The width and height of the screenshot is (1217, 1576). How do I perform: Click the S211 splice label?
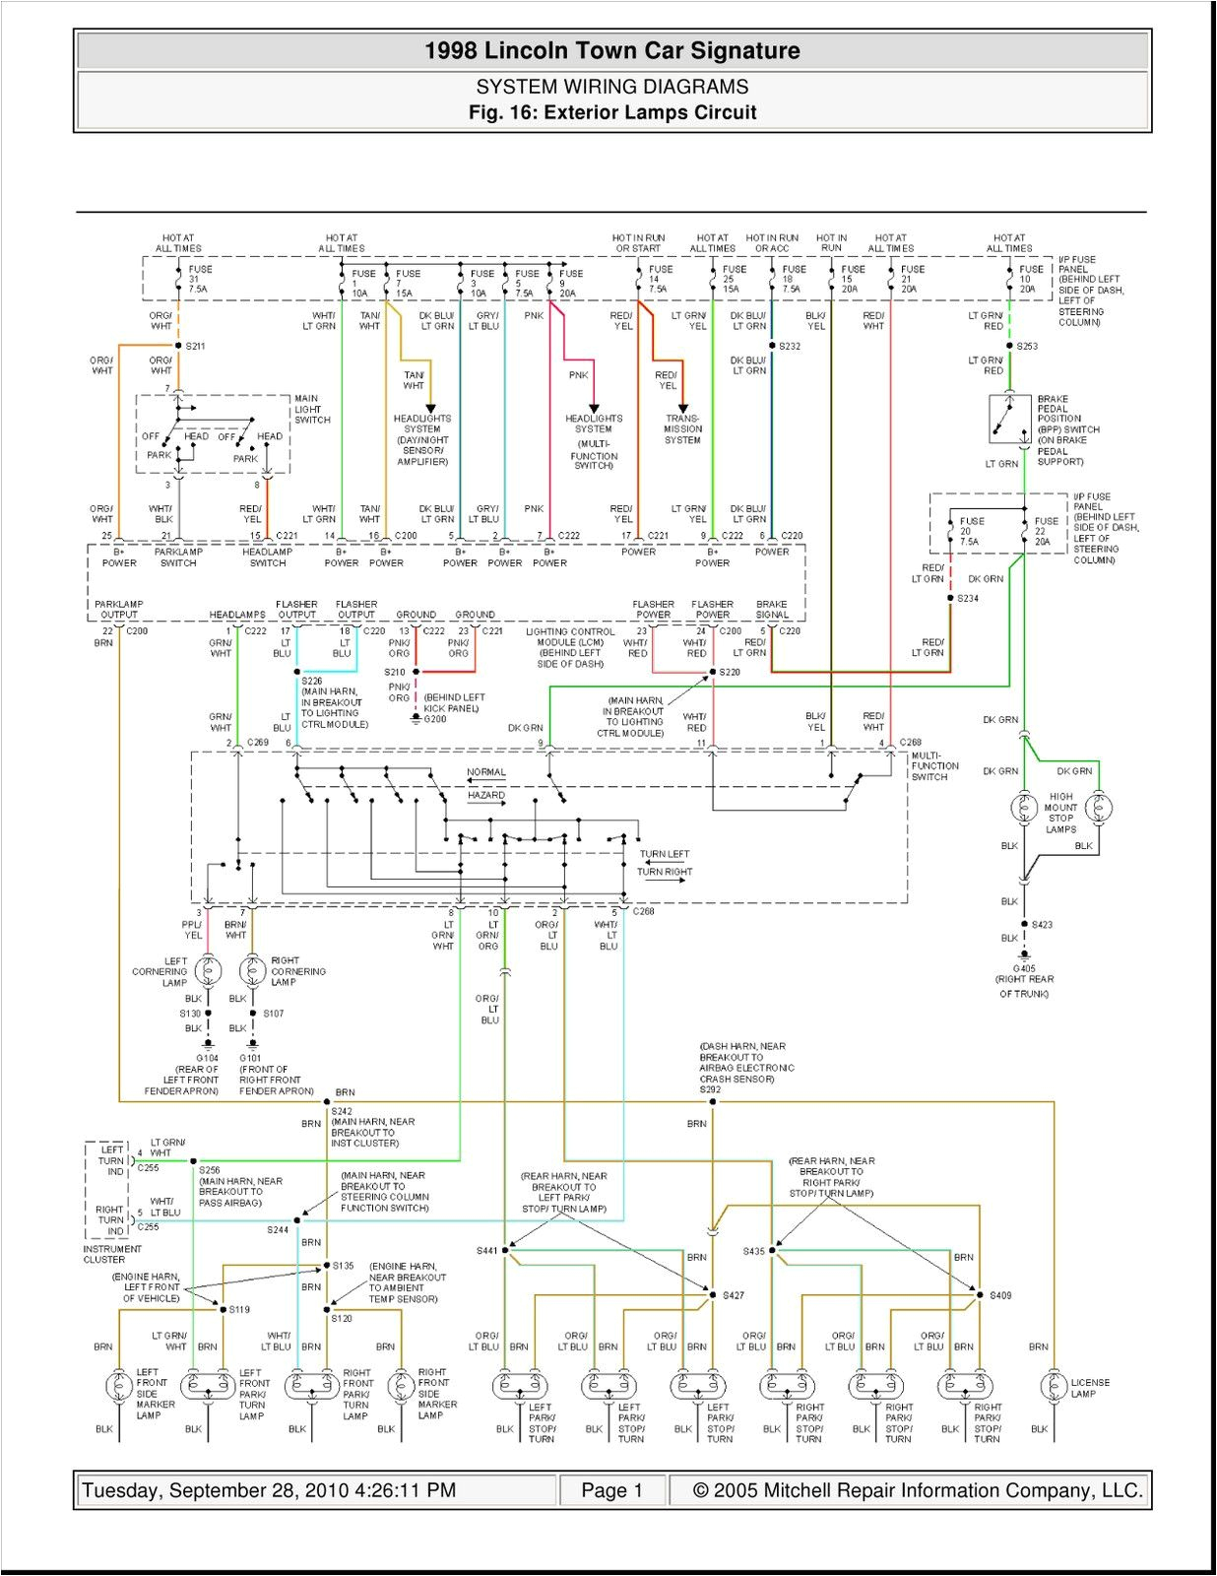point(195,346)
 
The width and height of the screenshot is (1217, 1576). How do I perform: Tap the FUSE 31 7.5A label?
point(199,279)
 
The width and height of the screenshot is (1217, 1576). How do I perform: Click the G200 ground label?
point(434,719)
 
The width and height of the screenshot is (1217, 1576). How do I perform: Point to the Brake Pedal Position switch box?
point(1009,420)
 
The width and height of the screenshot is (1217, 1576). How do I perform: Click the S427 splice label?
point(733,1295)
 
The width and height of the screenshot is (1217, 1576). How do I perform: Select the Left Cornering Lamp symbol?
point(209,971)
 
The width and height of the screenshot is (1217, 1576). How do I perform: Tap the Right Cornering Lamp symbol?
point(253,971)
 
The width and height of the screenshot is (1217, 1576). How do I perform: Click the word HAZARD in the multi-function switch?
point(486,795)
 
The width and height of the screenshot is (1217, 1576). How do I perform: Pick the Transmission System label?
point(682,429)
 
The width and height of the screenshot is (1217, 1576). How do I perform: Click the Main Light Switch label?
point(312,410)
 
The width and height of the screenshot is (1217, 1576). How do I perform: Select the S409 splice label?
point(1000,1295)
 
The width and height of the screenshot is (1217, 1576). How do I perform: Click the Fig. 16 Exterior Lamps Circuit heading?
point(612,112)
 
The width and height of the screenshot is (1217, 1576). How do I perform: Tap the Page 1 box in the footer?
point(611,1490)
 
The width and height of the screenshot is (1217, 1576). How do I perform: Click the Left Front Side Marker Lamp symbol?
point(118,1386)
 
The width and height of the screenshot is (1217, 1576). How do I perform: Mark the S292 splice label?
point(710,1090)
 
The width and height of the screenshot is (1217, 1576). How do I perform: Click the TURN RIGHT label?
point(665,872)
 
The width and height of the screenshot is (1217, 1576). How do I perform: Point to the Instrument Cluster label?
point(112,1254)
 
